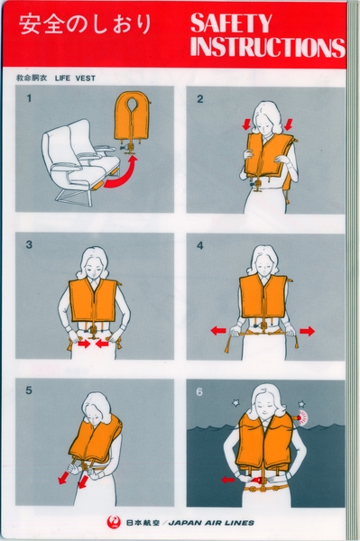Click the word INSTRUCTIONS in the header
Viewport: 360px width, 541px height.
pyautogui.click(x=269, y=48)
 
